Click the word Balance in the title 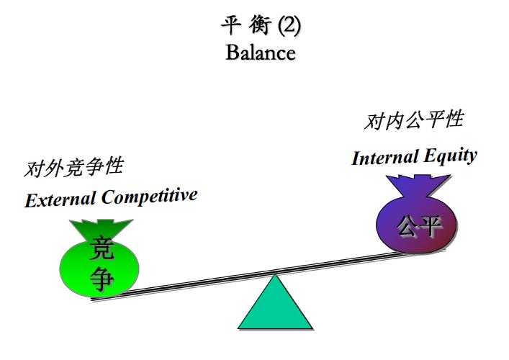click(260, 53)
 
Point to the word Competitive click(149, 196)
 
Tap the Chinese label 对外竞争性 click(73, 168)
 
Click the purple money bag click(418, 223)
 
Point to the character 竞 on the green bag click(101, 249)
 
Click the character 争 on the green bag click(101, 278)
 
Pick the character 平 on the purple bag click(430, 227)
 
